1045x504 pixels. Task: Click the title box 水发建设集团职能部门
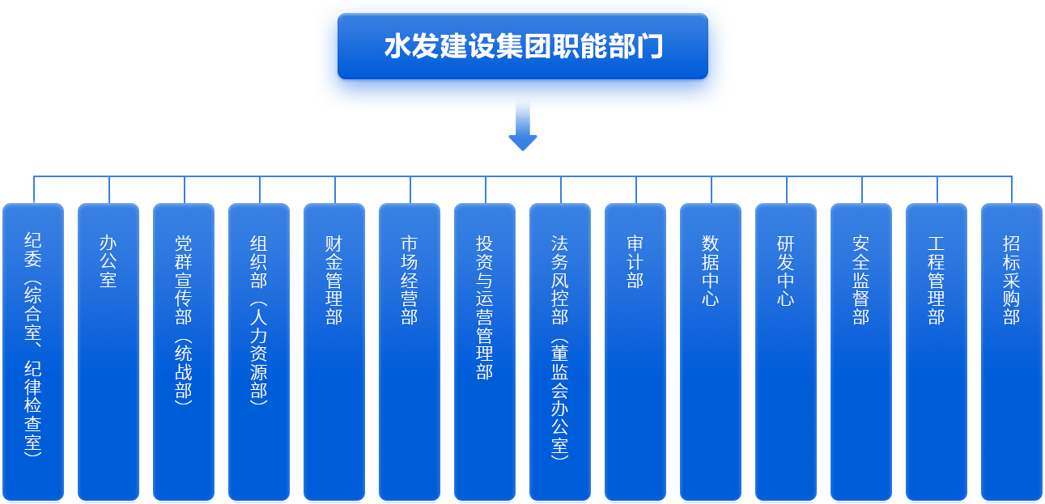tap(522, 46)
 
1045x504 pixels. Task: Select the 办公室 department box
tap(108, 352)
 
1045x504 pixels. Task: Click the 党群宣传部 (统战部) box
tap(184, 352)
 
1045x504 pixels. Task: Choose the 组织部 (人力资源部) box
tap(259, 352)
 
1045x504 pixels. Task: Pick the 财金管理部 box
tap(334, 352)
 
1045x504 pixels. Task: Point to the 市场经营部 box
tap(410, 352)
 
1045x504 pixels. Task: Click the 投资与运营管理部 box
tap(485, 352)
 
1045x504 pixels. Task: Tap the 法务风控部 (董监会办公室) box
tap(560, 352)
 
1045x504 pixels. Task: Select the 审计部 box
tap(635, 352)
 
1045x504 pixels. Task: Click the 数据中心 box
tap(711, 352)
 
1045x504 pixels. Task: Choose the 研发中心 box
tap(786, 352)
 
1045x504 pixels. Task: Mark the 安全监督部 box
tap(861, 352)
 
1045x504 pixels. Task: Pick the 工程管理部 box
tap(937, 352)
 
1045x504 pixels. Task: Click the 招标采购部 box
tap(1012, 352)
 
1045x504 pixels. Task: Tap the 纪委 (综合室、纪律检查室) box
tap(33, 352)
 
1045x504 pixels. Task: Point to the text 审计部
tap(635, 262)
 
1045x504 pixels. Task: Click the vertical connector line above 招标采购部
tap(1012, 189)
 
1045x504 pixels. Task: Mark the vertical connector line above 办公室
tap(109, 189)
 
